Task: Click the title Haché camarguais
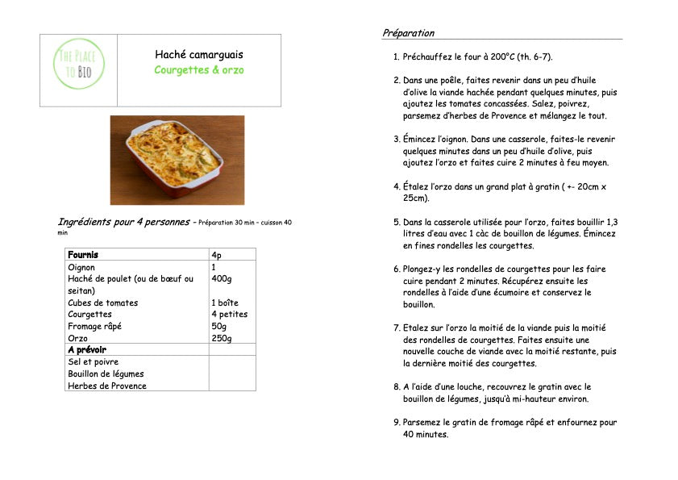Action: pyautogui.click(x=199, y=55)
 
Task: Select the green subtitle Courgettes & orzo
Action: pyautogui.click(x=199, y=70)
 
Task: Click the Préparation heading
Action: pyautogui.click(x=408, y=33)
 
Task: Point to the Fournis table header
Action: pyautogui.click(x=83, y=255)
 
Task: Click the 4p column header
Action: pyautogui.click(x=217, y=255)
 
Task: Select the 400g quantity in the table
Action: pyautogui.click(x=221, y=278)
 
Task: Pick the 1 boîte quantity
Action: pyautogui.click(x=225, y=303)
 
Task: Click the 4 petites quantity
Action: pyautogui.click(x=229, y=315)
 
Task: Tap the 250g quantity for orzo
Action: pyautogui.click(x=221, y=338)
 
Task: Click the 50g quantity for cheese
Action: pyautogui.click(x=218, y=326)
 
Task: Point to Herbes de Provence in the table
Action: pyautogui.click(x=107, y=386)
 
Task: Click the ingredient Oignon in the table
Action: pyautogui.click(x=81, y=267)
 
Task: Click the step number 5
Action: pyautogui.click(x=396, y=222)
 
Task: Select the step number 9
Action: pyautogui.click(x=396, y=422)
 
